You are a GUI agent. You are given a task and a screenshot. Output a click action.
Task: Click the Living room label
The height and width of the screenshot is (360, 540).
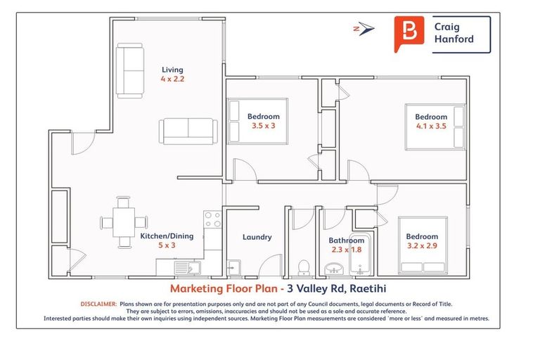(172, 70)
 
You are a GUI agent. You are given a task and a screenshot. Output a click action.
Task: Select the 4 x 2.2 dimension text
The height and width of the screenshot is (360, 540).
(172, 79)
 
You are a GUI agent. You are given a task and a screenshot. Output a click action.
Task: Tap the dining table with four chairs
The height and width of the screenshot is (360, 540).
(124, 222)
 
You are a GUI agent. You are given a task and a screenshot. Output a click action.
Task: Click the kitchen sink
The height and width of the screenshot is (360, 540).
(186, 267)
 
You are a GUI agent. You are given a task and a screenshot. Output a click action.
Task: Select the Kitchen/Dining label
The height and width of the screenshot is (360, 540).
(163, 236)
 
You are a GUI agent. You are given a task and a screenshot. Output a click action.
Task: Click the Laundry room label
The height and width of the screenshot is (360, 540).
(257, 237)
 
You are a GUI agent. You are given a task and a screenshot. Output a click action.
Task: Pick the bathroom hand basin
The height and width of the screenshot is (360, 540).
(333, 268)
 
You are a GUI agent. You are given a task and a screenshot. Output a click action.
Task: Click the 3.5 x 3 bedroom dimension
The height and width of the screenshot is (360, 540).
(263, 126)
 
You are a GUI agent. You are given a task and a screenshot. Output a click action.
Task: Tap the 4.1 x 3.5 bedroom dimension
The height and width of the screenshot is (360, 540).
(430, 127)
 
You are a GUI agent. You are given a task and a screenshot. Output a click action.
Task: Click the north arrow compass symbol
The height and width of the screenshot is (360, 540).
(364, 29)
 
